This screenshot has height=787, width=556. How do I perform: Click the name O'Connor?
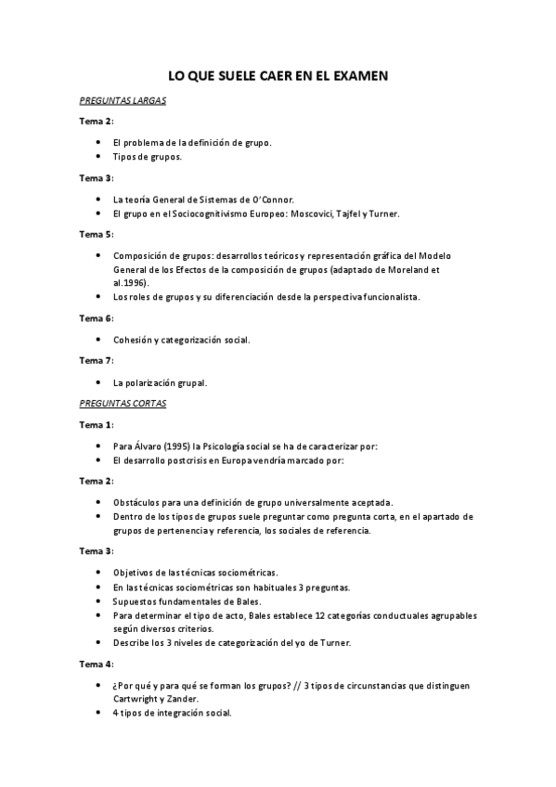272,199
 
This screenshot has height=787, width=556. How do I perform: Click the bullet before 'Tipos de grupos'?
99,157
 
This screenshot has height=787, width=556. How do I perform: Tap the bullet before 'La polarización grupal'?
99,381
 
